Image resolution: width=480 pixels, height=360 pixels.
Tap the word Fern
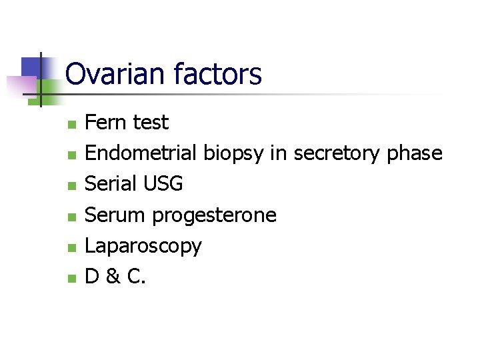(x=107, y=123)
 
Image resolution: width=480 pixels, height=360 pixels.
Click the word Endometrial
(x=141, y=153)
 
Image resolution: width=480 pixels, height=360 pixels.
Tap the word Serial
(x=108, y=184)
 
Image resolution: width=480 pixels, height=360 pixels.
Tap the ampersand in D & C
(x=114, y=276)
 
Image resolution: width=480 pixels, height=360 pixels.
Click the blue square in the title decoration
(x=31, y=66)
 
